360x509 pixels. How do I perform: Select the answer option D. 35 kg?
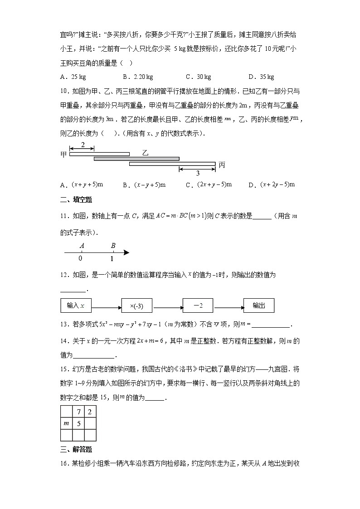(x=261, y=77)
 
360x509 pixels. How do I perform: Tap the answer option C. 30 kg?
(x=198, y=77)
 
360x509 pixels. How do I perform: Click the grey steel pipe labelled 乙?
(x=136, y=159)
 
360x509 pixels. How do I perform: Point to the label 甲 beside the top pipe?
(x=63, y=154)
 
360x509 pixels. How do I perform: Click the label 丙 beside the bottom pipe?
(x=222, y=165)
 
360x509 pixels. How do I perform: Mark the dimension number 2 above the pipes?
(x=82, y=145)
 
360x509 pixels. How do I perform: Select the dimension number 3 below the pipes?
(x=198, y=174)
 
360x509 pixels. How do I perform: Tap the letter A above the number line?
(x=82, y=246)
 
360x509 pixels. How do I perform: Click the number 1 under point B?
(x=112, y=259)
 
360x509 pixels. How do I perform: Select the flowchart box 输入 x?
(x=76, y=305)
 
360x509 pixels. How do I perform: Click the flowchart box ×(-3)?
(x=136, y=305)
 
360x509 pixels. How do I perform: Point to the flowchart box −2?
(x=198, y=305)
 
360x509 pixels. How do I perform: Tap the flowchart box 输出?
(x=259, y=305)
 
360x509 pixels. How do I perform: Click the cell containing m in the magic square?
(x=66, y=424)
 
